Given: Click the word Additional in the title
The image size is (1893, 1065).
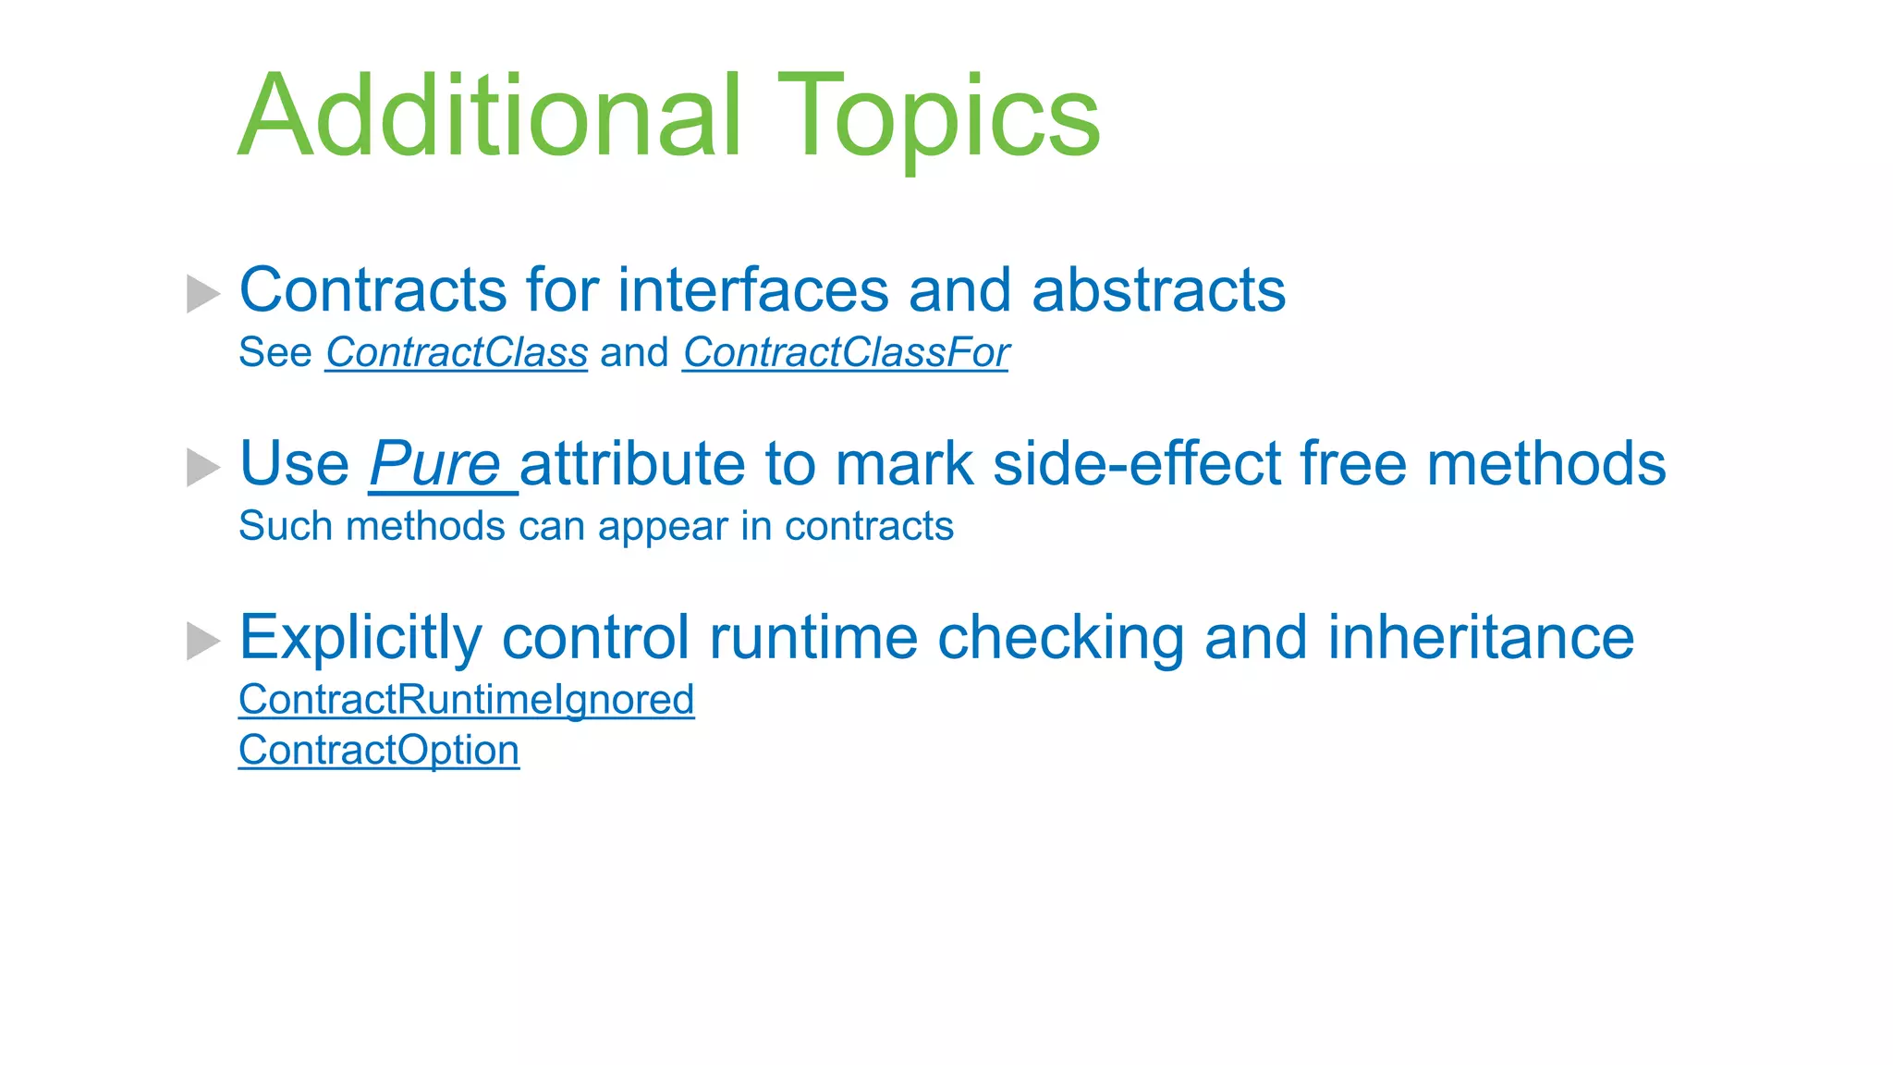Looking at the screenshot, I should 490,117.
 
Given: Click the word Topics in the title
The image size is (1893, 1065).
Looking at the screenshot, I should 938,117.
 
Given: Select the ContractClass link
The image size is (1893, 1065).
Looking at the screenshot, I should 456,352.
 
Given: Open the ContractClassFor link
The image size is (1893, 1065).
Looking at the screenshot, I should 845,352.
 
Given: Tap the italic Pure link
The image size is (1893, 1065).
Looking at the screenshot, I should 435,463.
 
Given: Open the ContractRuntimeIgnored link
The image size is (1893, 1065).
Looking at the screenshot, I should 466,700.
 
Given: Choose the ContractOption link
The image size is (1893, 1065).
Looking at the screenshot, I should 378,750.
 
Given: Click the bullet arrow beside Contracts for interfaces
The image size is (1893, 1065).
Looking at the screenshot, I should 202,293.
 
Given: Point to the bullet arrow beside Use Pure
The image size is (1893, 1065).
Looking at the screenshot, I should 202,467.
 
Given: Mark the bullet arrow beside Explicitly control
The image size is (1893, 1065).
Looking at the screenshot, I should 202,641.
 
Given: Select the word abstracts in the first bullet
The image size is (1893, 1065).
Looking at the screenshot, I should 1158,290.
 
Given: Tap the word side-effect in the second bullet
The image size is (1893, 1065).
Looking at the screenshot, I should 1136,463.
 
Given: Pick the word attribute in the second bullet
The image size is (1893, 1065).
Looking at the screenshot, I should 631,463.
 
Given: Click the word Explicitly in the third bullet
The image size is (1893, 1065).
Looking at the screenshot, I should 360,638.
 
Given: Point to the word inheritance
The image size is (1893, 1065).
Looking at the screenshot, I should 1481,638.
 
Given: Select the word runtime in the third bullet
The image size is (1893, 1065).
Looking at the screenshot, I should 812,638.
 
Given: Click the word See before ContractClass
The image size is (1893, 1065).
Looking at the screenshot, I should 275,352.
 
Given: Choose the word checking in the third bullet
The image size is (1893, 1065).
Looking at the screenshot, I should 1060,638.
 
